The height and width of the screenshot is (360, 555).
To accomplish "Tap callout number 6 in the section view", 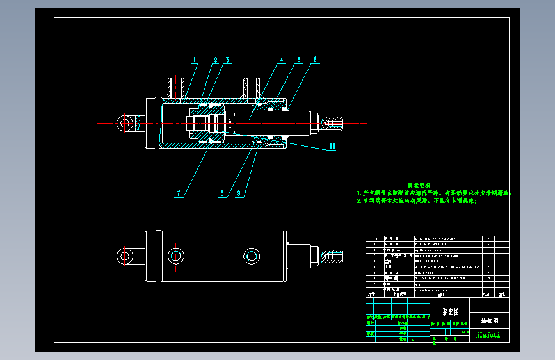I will [x=315, y=60].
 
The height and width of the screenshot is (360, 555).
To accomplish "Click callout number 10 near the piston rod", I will [x=332, y=147].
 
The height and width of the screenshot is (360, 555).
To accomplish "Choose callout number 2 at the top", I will [x=216, y=60].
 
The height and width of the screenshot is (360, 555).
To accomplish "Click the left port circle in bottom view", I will [x=176, y=256].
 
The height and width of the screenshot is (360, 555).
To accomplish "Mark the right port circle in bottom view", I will [x=252, y=256].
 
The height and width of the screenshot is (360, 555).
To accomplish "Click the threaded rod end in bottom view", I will [x=334, y=257].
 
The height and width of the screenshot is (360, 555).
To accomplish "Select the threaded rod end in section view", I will [x=334, y=122].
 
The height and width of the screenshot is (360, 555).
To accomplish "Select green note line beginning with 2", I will [x=417, y=200].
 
